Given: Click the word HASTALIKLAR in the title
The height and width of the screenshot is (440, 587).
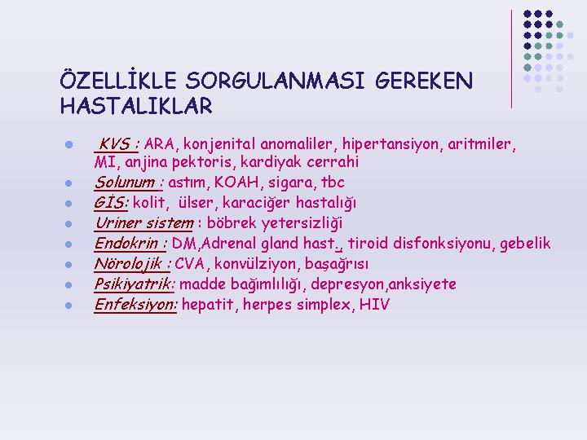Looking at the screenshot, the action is pyautogui.click(x=136, y=106).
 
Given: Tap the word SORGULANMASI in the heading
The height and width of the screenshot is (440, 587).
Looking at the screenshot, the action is pyautogui.click(x=276, y=81).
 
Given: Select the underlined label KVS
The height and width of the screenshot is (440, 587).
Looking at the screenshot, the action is pyautogui.click(x=115, y=144).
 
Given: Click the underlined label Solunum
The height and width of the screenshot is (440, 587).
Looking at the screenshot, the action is pyautogui.click(x=125, y=183).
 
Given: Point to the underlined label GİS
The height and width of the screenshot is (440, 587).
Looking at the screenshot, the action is pyautogui.click(x=109, y=203).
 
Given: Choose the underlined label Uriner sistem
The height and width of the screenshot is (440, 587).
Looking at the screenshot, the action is pyautogui.click(x=144, y=223).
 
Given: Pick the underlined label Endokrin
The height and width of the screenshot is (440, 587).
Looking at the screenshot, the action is pyautogui.click(x=126, y=244).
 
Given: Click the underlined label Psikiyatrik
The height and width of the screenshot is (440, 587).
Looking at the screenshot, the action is pyautogui.click(x=133, y=284).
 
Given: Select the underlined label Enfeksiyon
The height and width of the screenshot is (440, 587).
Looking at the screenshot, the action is pyautogui.click(x=135, y=305).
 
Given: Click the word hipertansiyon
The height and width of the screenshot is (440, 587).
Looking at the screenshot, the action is pyautogui.click(x=391, y=144).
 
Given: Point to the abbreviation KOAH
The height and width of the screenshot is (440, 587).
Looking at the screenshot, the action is pyautogui.click(x=236, y=183).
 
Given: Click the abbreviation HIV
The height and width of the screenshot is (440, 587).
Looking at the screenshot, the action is pyautogui.click(x=374, y=305).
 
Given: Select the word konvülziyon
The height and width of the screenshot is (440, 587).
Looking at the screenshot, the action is pyautogui.click(x=256, y=264).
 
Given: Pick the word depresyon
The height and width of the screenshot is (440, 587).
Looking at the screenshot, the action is pyautogui.click(x=347, y=284).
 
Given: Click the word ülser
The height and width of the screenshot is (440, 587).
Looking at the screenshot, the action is pyautogui.click(x=196, y=203).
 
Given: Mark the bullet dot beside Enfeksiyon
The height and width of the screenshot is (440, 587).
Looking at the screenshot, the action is pyautogui.click(x=68, y=306).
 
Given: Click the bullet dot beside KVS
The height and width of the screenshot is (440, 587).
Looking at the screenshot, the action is pyautogui.click(x=68, y=144).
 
